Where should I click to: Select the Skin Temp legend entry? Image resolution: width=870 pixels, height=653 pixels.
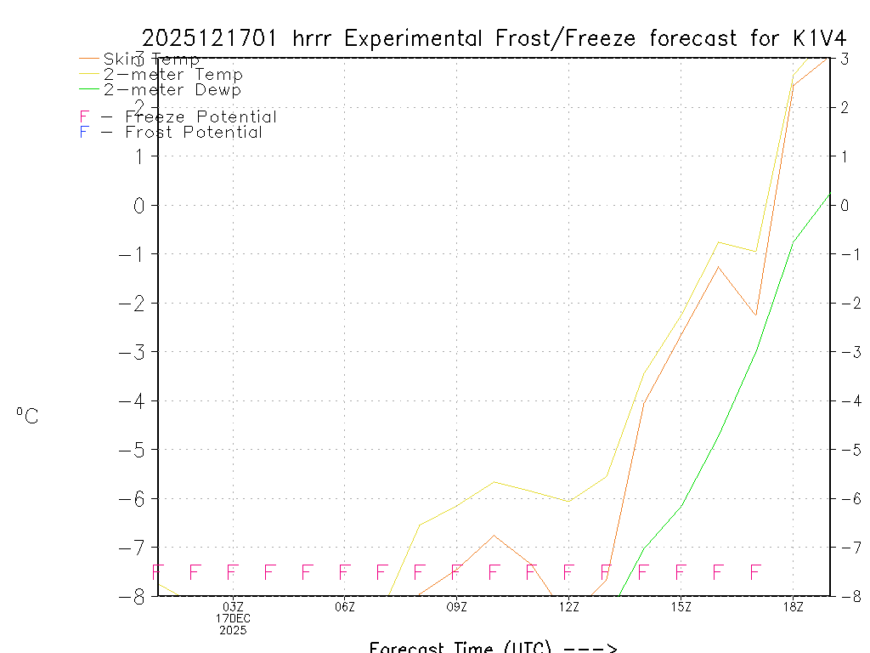151,59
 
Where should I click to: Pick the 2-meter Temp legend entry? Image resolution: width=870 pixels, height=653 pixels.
172,74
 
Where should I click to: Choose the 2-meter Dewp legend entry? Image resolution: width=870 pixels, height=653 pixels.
172,89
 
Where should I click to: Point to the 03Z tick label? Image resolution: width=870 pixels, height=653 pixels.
233,606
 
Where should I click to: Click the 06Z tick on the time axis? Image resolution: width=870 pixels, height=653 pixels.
345,606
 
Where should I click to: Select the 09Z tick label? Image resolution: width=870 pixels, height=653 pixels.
457,606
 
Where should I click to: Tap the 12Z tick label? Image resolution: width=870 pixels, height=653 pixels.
569,606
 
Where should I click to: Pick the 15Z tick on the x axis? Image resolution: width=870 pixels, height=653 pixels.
681,606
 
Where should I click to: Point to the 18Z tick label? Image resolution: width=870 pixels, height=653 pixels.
793,606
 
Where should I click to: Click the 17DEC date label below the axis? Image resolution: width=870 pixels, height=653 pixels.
233,618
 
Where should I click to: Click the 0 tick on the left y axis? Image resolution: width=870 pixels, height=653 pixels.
140,205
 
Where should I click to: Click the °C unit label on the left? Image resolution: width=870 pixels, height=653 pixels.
27,416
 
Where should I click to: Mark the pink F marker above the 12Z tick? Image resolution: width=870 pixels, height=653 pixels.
568,571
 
